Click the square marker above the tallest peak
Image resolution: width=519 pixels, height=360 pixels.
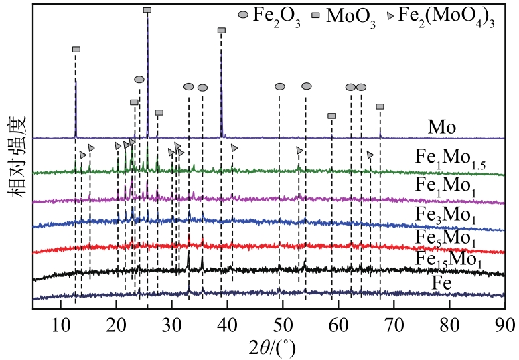(x=147, y=10)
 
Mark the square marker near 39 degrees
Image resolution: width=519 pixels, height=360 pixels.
(x=222, y=31)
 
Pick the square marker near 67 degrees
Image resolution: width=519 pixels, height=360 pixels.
(x=380, y=106)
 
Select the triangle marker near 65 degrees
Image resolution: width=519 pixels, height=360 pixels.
(x=370, y=155)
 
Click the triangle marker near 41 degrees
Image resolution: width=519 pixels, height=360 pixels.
(x=234, y=147)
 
